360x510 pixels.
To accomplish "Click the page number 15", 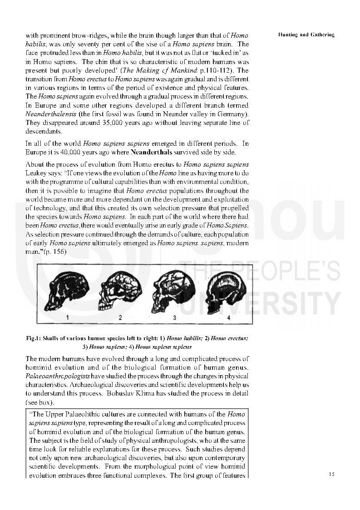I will click(331, 474).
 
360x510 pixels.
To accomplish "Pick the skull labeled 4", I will click(224, 291).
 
